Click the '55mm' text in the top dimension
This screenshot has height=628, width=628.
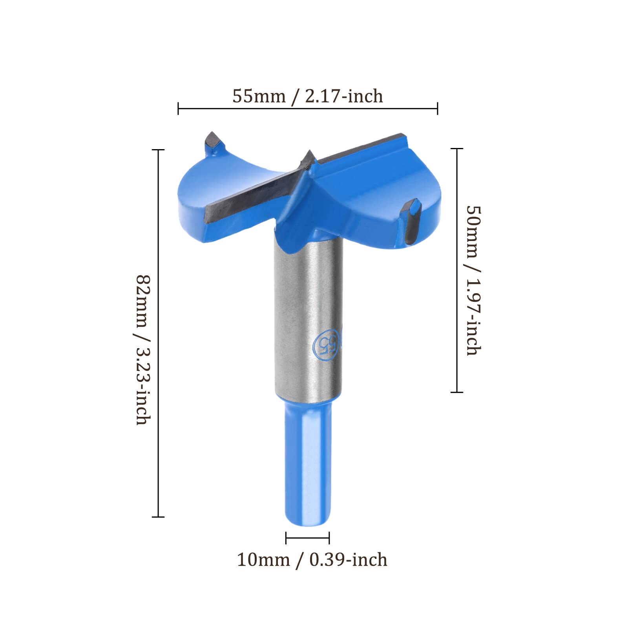click(259, 97)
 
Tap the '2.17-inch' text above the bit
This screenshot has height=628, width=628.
click(343, 97)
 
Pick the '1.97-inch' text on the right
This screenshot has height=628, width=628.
click(473, 317)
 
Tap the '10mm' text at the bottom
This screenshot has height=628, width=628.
click(263, 560)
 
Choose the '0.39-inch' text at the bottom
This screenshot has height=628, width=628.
click(348, 560)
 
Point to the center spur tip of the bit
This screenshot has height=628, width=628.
click(309, 151)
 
